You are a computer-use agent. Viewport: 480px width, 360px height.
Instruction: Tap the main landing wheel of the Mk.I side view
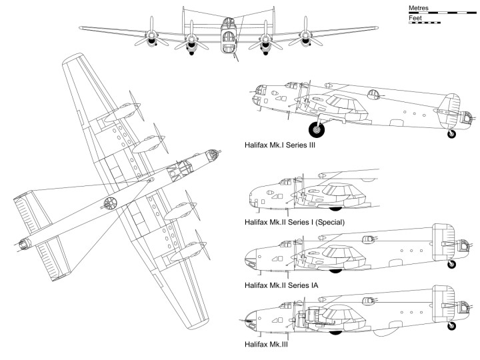(315, 129)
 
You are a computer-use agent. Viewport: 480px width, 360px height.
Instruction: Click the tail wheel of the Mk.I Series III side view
(452, 133)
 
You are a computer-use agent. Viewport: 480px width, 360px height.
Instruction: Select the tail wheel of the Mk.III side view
(452, 326)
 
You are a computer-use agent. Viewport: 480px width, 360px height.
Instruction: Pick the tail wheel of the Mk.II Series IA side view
(452, 265)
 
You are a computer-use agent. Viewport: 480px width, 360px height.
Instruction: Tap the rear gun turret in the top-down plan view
(23, 244)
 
